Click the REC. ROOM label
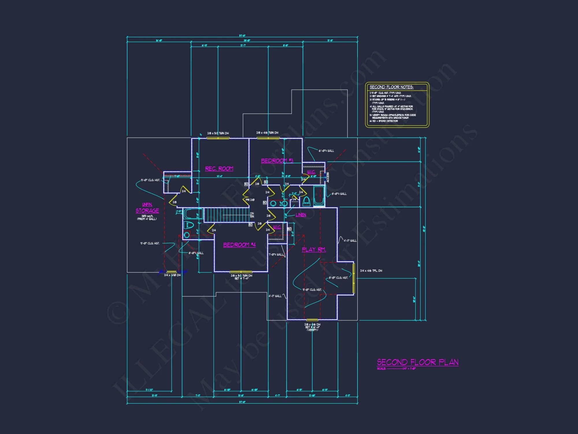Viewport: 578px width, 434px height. [x=219, y=169]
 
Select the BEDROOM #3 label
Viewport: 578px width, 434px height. [x=277, y=161]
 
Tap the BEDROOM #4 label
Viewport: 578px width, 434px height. [x=239, y=245]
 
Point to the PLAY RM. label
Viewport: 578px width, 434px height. [x=314, y=249]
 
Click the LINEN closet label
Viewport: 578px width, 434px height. [x=301, y=215]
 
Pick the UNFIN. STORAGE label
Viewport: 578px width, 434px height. [x=147, y=208]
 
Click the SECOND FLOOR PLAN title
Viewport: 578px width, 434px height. [x=418, y=362]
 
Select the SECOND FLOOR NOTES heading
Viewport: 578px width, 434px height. [x=391, y=87]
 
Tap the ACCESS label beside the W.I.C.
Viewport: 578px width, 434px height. [x=328, y=177]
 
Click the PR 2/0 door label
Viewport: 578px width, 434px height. [x=250, y=200]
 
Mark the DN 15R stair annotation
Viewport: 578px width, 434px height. [x=252, y=215]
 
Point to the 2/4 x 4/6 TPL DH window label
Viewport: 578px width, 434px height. [x=371, y=271]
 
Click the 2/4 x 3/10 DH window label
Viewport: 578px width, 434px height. [x=172, y=275]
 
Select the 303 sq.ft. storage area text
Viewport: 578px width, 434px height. [x=147, y=216]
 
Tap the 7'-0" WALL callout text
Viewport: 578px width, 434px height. [x=276, y=255]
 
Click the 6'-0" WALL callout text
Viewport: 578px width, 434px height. [x=326, y=151]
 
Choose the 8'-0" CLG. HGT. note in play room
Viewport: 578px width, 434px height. [x=338, y=278]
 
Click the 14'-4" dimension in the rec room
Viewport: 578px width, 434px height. [x=220, y=176]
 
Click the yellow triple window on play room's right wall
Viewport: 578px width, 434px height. [x=353, y=278]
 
